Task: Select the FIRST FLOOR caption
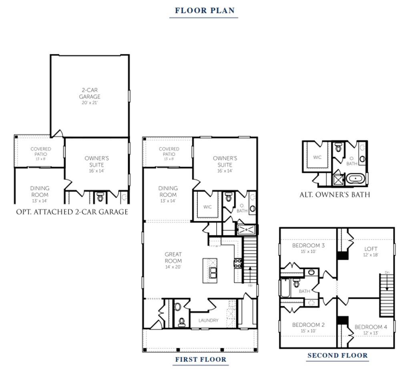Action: tap(201, 360)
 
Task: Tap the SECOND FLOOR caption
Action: tap(337, 355)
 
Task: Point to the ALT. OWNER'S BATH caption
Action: tap(335, 195)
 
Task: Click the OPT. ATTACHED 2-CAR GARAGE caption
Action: tap(72, 212)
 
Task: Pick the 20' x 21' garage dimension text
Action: tap(90, 103)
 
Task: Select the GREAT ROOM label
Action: tap(173, 258)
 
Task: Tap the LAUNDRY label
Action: tap(209, 320)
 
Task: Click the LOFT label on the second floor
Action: tap(371, 249)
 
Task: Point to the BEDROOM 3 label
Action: tap(308, 245)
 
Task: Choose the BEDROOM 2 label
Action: tap(308, 325)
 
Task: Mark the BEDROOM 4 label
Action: tap(371, 327)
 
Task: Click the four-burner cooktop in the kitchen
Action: tap(238, 263)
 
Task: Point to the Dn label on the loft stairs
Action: tap(387, 273)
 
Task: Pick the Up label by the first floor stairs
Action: tap(250, 285)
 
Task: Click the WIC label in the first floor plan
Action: tap(207, 207)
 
